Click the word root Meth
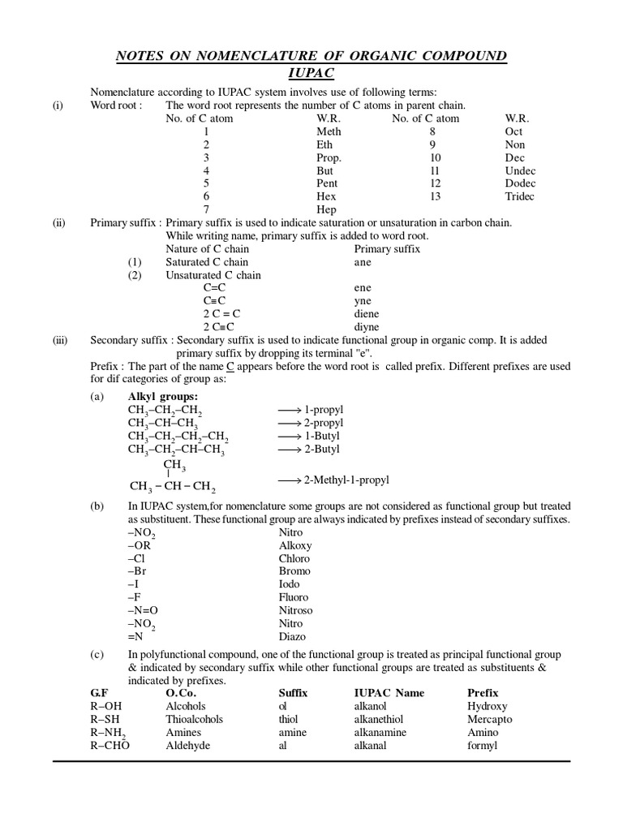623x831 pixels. tap(329, 131)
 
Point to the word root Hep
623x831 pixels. tap(326, 209)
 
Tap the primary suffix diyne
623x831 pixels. tap(367, 327)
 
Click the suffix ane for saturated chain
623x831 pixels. tap(363, 262)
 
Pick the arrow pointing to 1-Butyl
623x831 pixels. tap(289, 437)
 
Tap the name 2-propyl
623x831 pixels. tap(323, 423)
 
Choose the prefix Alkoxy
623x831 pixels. tap(295, 546)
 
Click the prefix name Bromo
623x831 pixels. tap(294, 571)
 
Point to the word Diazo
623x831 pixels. tap(292, 637)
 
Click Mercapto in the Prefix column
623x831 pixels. tap(489, 719)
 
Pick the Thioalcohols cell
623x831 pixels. tap(194, 719)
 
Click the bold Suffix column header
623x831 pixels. tap(293, 693)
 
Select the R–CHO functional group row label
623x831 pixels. tap(110, 745)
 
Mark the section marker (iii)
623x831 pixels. tap(60, 341)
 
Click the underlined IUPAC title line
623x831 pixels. tap(311, 74)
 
